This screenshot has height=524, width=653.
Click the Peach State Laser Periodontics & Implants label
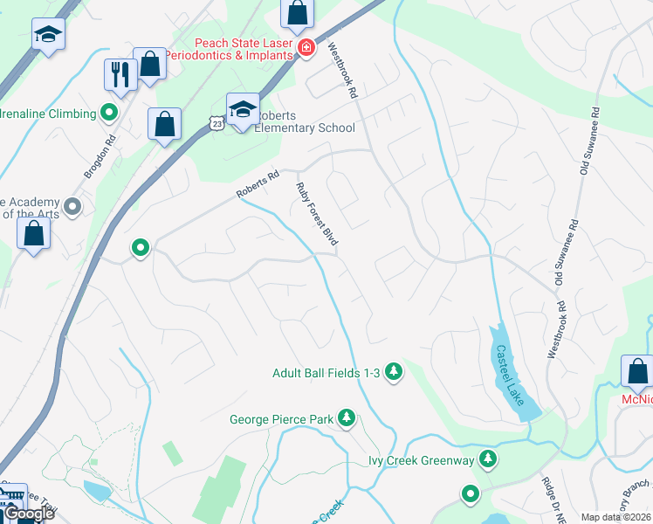pos(243,48)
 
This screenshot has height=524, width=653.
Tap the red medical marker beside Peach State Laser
pos(306,48)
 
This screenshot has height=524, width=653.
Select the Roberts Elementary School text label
pos(305,122)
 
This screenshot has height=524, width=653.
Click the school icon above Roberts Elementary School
pos(243,109)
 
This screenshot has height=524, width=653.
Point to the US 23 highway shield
pos(217,124)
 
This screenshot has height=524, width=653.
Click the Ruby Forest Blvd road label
pos(317,213)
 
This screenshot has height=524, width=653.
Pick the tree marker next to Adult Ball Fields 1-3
pos(394,372)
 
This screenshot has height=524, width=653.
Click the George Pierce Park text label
pos(282,419)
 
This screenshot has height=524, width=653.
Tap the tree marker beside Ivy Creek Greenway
pos(488,459)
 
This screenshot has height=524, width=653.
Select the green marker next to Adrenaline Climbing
pos(109,113)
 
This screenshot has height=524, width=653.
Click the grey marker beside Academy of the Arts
pos(72,207)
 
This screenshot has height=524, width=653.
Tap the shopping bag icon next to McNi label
pos(637,372)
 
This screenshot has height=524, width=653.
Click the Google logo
pos(28,514)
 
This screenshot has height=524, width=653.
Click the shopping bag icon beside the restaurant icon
pos(150,64)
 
